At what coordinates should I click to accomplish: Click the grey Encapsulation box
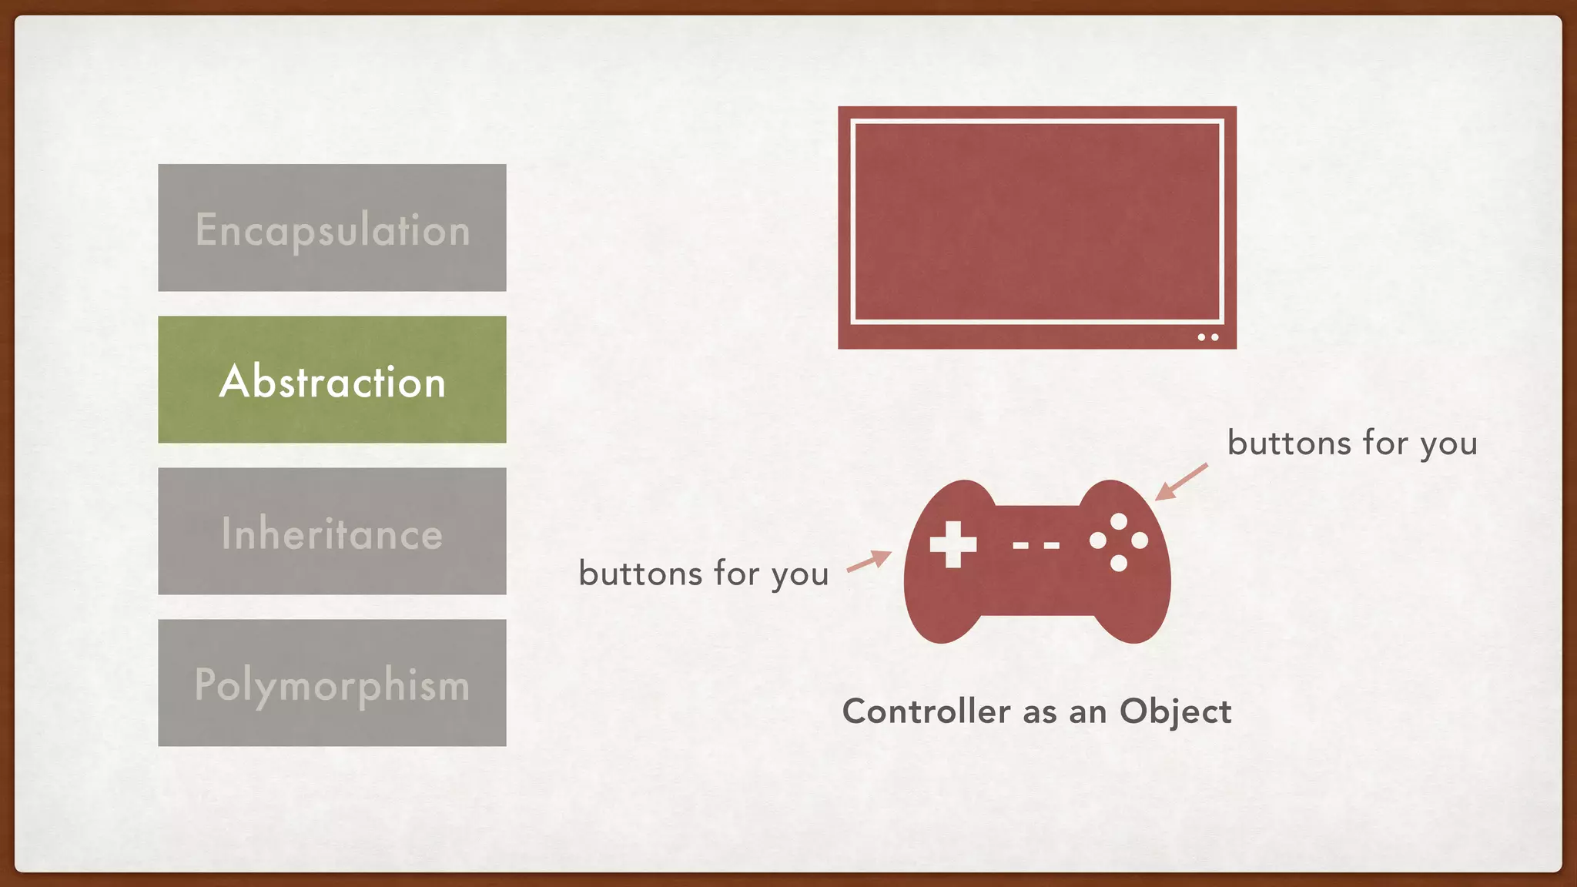tap(332, 228)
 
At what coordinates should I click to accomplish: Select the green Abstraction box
tap(332, 380)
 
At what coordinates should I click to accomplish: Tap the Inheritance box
tap(332, 531)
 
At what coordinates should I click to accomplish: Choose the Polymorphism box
tap(332, 683)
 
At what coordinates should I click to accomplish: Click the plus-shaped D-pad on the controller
tap(953, 544)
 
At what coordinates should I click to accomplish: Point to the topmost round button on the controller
tap(1119, 522)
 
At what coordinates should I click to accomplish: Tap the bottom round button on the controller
tap(1119, 563)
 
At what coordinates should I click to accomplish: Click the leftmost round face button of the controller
tap(1098, 541)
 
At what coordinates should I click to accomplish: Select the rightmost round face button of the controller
tap(1140, 541)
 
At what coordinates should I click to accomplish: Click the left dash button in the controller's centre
tap(1020, 545)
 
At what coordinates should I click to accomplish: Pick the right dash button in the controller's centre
tap(1051, 545)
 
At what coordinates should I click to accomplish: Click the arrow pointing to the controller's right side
tap(1181, 482)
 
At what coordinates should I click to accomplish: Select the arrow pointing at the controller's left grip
tap(869, 561)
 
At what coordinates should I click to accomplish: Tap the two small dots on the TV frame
tap(1207, 337)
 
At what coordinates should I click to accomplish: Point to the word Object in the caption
tap(1175, 711)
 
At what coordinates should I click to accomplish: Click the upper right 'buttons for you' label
tap(1352, 443)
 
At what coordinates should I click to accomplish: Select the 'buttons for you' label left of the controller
tap(703, 574)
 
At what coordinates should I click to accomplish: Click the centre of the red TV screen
tap(1037, 221)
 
